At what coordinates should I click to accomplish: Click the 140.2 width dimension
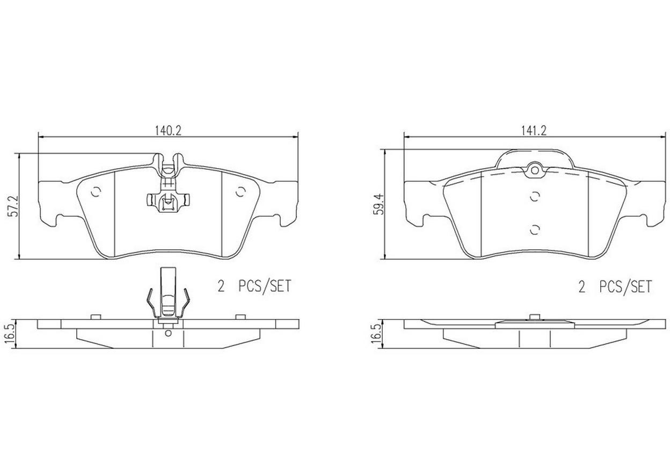168,131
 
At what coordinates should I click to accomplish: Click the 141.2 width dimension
534,131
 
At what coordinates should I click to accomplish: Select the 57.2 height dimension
14,206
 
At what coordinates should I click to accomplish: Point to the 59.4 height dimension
379,204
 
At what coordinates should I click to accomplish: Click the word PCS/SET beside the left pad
265,286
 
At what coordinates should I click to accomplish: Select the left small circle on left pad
96,192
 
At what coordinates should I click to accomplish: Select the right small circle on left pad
240,192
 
